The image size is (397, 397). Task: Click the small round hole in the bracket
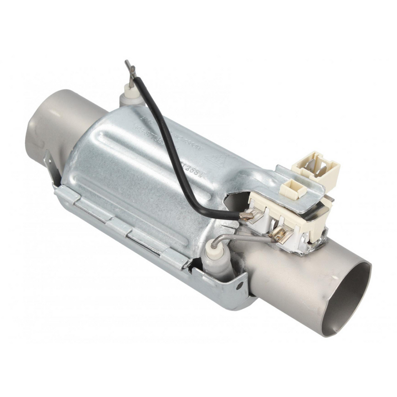coord(240,287)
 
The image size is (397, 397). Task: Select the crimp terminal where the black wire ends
coord(248,216)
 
